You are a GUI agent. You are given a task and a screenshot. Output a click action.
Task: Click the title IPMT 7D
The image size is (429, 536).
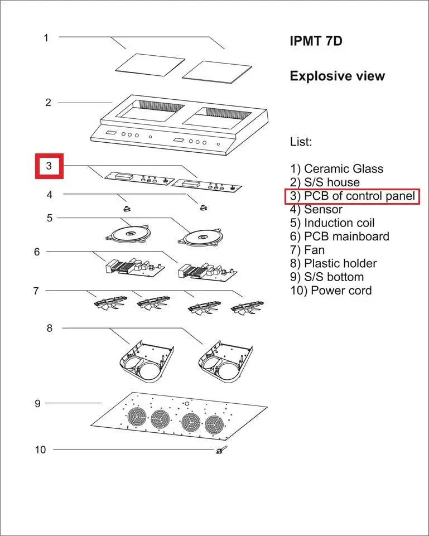(x=315, y=41)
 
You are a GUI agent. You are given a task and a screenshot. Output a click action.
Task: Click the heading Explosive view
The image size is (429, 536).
(x=337, y=76)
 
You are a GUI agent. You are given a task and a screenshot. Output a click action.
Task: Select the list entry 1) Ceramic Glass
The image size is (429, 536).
(x=336, y=168)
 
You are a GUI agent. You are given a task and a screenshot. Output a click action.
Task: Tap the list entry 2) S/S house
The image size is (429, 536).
(x=325, y=182)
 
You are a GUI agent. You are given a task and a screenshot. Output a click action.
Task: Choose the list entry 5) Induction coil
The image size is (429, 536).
(x=332, y=223)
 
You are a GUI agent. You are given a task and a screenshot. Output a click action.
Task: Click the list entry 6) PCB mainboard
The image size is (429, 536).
(x=340, y=236)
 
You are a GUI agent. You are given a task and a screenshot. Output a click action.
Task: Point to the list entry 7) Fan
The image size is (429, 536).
(x=307, y=250)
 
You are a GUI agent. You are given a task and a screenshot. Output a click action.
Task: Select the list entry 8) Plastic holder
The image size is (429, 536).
(x=333, y=263)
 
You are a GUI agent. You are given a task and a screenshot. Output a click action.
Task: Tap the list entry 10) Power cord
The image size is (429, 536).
(x=331, y=291)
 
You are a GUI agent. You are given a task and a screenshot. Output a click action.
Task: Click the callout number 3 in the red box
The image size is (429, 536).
(x=49, y=166)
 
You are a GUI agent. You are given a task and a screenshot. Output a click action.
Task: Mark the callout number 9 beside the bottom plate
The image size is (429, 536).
(x=37, y=403)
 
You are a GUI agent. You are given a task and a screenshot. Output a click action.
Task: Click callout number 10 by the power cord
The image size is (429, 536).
(x=40, y=449)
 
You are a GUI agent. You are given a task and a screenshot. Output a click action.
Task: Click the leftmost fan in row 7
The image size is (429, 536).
(x=106, y=302)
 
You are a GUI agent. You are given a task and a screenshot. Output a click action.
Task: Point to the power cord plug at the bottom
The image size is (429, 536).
(x=219, y=451)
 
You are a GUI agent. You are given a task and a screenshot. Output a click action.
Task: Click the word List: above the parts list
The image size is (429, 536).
(x=301, y=142)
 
